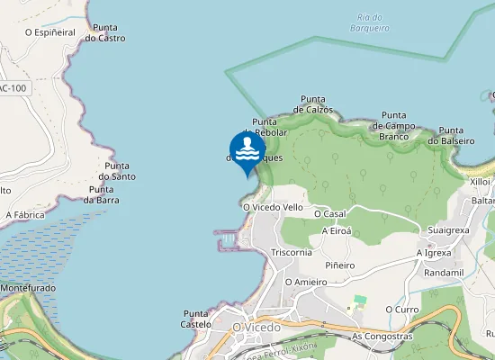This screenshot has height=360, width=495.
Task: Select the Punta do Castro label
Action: point(104,33)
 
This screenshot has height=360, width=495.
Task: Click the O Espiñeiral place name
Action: point(49,31)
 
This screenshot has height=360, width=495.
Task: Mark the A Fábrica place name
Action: point(25,215)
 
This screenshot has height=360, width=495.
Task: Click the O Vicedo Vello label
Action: point(273,206)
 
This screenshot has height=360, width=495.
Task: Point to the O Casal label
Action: point(329,213)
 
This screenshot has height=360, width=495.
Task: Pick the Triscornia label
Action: point(292,252)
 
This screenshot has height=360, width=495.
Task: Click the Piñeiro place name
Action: point(340,265)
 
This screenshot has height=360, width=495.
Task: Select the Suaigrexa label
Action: point(448,230)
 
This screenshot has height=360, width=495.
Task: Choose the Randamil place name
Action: point(442,272)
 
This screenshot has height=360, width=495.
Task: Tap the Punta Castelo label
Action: point(195,318)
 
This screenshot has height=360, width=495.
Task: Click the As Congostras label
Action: point(382,337)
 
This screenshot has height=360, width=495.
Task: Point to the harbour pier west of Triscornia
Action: point(228,239)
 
